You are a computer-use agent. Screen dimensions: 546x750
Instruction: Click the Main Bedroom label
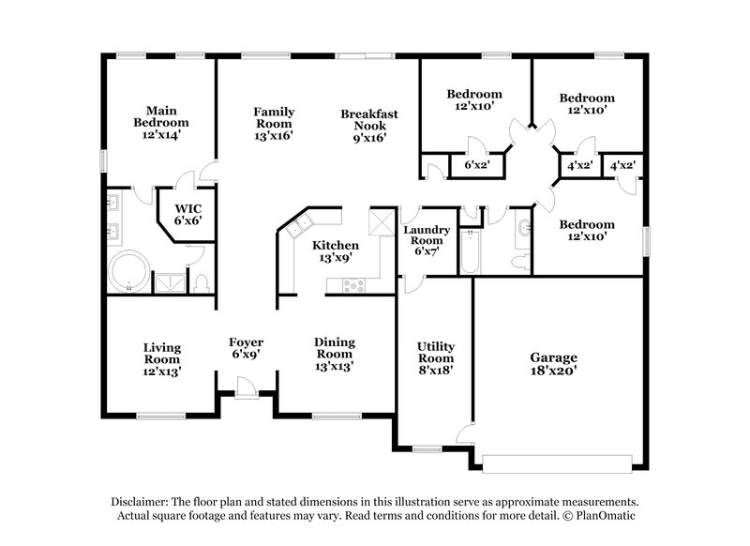(x=161, y=121)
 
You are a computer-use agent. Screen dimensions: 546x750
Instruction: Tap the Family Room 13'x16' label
(x=274, y=124)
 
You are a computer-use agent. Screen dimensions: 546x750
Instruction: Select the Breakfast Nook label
(x=369, y=126)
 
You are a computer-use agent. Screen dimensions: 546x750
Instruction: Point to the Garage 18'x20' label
(x=554, y=364)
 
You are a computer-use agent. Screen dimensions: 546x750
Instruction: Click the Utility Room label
(x=436, y=357)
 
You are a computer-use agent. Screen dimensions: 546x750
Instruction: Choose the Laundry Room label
(x=427, y=240)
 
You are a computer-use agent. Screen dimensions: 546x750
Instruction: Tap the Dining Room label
(x=335, y=354)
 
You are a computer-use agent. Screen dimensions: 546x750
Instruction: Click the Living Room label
(x=161, y=359)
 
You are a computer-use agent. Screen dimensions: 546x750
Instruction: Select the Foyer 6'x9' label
(x=247, y=348)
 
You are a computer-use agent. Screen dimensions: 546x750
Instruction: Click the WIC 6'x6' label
(x=187, y=213)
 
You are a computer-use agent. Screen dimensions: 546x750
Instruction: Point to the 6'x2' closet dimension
(x=478, y=165)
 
